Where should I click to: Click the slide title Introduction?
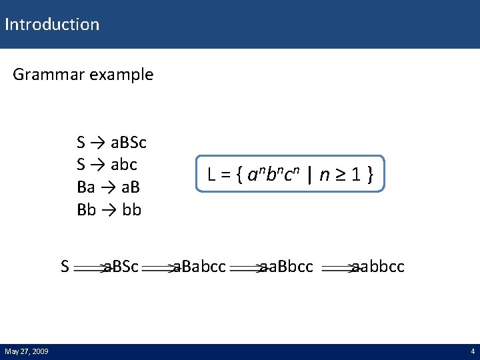pyautogui.click(x=51, y=25)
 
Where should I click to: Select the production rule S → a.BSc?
pyautogui.click(x=111, y=143)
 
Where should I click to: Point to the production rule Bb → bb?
pyautogui.click(x=109, y=210)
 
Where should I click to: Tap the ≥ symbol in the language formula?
pyautogui.click(x=341, y=176)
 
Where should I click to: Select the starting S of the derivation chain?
pyautogui.click(x=65, y=267)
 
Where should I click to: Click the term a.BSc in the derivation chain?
pyautogui.click(x=121, y=267)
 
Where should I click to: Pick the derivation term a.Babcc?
pyautogui.click(x=199, y=267)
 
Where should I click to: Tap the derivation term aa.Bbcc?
pyautogui.click(x=286, y=267)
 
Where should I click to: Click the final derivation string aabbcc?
pyautogui.click(x=377, y=267)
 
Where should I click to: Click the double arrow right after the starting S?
pyautogui.click(x=89, y=268)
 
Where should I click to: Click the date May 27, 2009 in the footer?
pyautogui.click(x=26, y=351)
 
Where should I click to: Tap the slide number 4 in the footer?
pyautogui.click(x=472, y=351)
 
